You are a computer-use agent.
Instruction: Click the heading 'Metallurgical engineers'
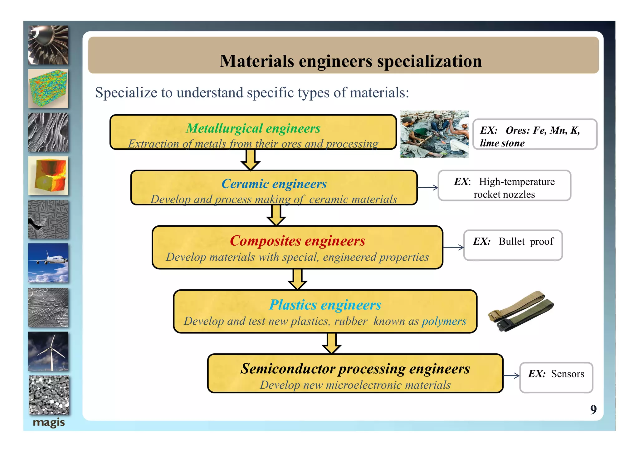253,128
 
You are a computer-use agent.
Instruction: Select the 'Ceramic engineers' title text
274,184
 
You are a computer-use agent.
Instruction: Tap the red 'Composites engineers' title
297,241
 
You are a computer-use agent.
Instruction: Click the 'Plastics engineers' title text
325,305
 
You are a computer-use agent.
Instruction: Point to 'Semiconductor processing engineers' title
355,369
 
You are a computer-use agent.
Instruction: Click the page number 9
593,409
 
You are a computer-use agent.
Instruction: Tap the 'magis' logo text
49,423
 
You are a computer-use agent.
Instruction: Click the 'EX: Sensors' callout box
556,377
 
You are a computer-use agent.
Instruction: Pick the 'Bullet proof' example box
513,245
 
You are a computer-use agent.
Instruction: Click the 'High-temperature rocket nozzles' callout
504,186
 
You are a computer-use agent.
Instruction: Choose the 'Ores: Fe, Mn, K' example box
535,135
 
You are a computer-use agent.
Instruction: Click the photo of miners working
434,134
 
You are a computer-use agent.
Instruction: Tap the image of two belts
521,312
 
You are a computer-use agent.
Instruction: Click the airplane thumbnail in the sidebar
48,263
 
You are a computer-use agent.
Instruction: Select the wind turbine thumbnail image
48,351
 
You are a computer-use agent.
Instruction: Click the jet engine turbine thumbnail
48,45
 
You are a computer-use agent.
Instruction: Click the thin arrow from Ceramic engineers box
427,188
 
